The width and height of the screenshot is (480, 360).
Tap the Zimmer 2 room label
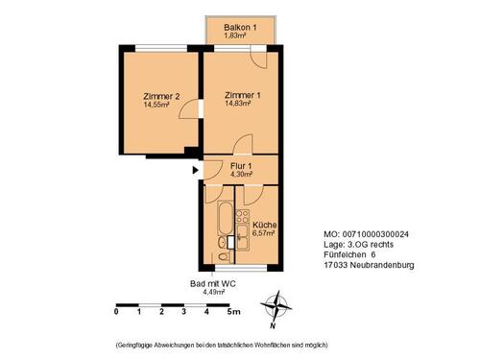[161, 96]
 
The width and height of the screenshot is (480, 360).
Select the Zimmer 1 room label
[243, 96]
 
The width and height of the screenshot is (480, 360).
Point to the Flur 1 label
[241, 166]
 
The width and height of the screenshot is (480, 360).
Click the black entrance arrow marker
[196, 172]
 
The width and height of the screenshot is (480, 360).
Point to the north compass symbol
[278, 307]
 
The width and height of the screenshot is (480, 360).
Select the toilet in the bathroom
[223, 255]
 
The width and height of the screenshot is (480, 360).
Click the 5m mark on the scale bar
[233, 313]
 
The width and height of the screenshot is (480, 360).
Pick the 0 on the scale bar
[116, 313]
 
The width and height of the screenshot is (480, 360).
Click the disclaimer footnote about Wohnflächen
[223, 344]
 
